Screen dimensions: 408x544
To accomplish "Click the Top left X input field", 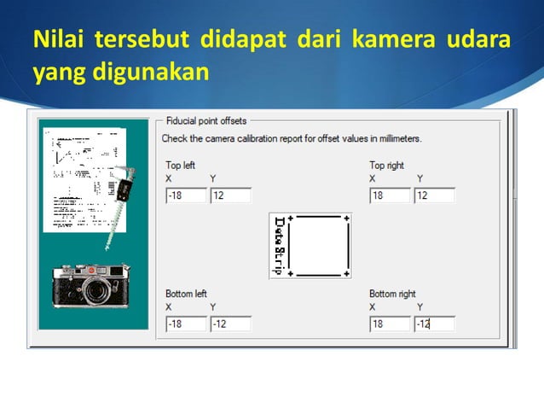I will [186, 195].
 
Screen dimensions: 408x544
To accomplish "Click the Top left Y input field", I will [230, 195].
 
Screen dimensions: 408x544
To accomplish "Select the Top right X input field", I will [391, 195].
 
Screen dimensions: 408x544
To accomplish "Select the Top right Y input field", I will [435, 195].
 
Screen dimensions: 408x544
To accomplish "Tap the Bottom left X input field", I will [186, 323].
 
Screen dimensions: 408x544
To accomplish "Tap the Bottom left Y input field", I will [230, 323].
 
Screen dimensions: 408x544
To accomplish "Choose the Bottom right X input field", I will [391, 323].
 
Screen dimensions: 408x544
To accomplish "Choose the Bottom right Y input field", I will [435, 323].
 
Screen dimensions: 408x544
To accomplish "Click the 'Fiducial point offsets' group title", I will [205, 121].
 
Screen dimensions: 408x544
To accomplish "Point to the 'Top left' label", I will [180, 165].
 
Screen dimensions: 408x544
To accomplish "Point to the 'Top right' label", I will [386, 165].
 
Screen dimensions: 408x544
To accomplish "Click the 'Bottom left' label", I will [186, 294].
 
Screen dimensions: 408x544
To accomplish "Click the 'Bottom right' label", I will [392, 294].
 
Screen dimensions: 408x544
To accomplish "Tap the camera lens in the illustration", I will [94, 293].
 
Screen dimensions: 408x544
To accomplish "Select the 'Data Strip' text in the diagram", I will [279, 246].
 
